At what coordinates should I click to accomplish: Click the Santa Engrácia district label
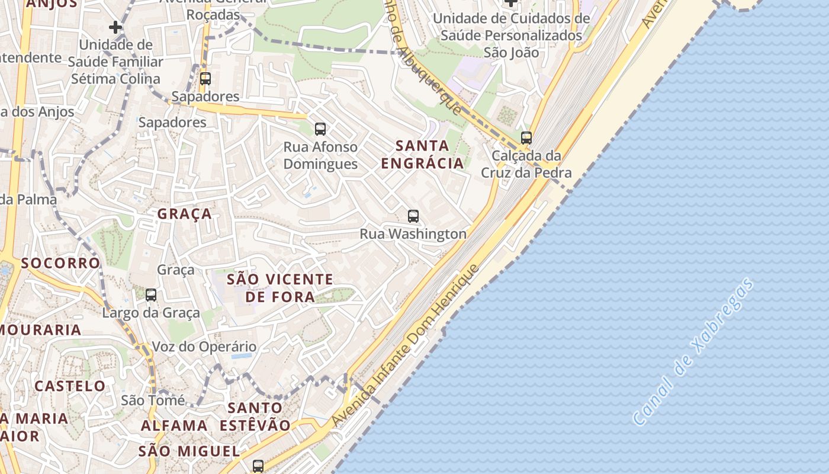tap(422, 154)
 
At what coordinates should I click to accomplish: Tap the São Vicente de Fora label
tap(280, 288)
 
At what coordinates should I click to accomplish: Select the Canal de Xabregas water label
tap(693, 351)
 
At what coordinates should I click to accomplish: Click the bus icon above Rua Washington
tap(413, 216)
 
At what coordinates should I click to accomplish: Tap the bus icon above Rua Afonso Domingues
tap(320, 129)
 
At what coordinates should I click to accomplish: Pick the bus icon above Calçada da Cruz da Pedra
tap(526, 138)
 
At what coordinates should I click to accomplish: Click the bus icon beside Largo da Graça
tap(151, 294)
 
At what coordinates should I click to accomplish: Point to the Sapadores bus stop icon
tap(205, 78)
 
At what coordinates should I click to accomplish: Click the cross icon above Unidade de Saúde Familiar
tap(115, 27)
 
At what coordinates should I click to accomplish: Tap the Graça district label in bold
tap(184, 214)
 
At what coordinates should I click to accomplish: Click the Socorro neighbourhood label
tap(60, 263)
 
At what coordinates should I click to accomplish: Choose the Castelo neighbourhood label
tap(70, 386)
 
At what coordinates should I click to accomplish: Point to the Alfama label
tap(174, 425)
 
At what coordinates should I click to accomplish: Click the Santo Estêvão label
tap(255, 417)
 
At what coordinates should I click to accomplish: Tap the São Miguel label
tap(189, 451)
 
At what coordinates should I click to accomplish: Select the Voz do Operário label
tap(204, 347)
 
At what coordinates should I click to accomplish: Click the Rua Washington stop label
tap(413, 234)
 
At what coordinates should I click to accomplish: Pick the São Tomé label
tap(153, 401)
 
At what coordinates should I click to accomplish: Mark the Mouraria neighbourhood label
tap(41, 330)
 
